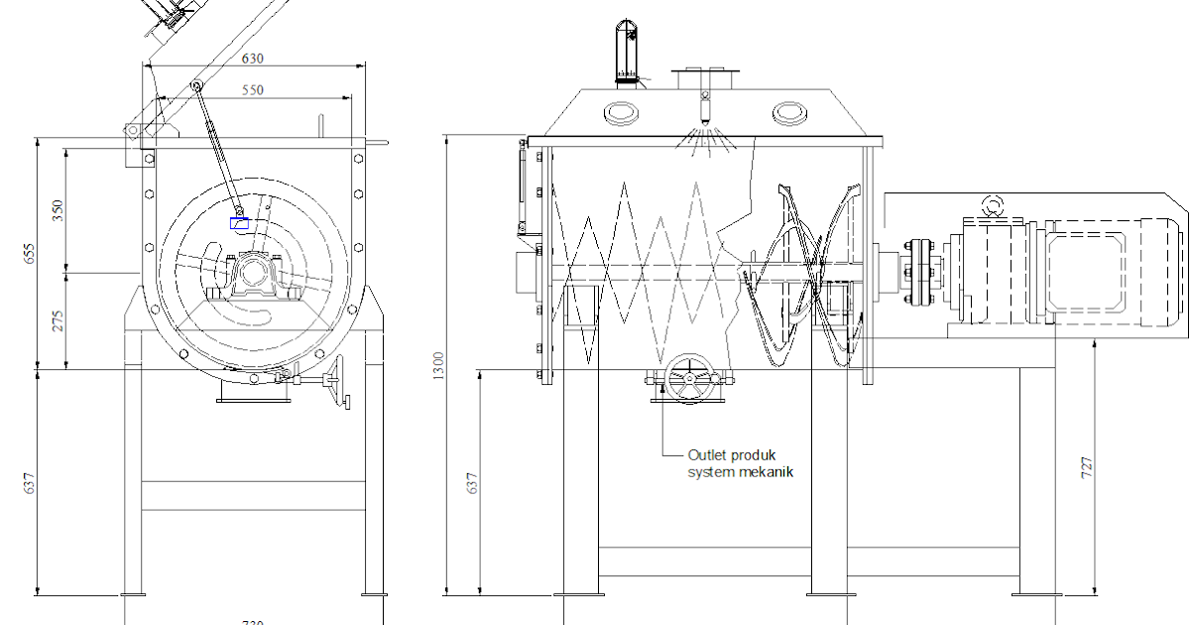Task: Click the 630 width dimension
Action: click(x=254, y=58)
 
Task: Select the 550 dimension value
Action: click(x=254, y=90)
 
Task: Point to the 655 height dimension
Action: click(x=31, y=255)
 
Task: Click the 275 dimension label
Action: click(x=59, y=320)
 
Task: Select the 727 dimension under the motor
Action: click(x=1087, y=468)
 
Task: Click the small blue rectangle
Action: click(x=239, y=223)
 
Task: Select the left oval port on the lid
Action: click(x=622, y=112)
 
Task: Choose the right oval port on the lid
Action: click(x=791, y=112)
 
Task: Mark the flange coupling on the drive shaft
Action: click(x=917, y=269)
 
